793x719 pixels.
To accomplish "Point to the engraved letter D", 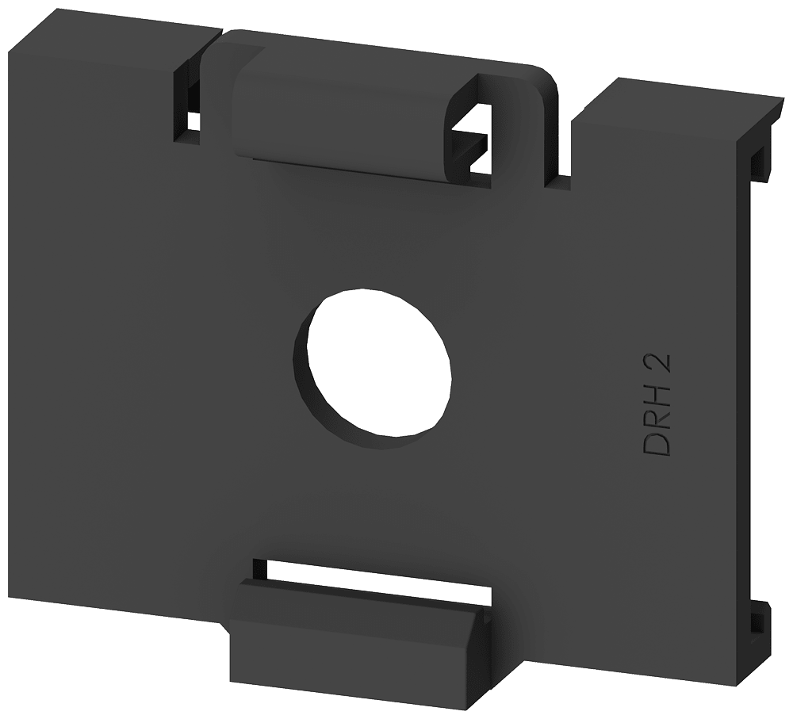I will coord(659,445).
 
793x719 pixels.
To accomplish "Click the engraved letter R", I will coord(659,419).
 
